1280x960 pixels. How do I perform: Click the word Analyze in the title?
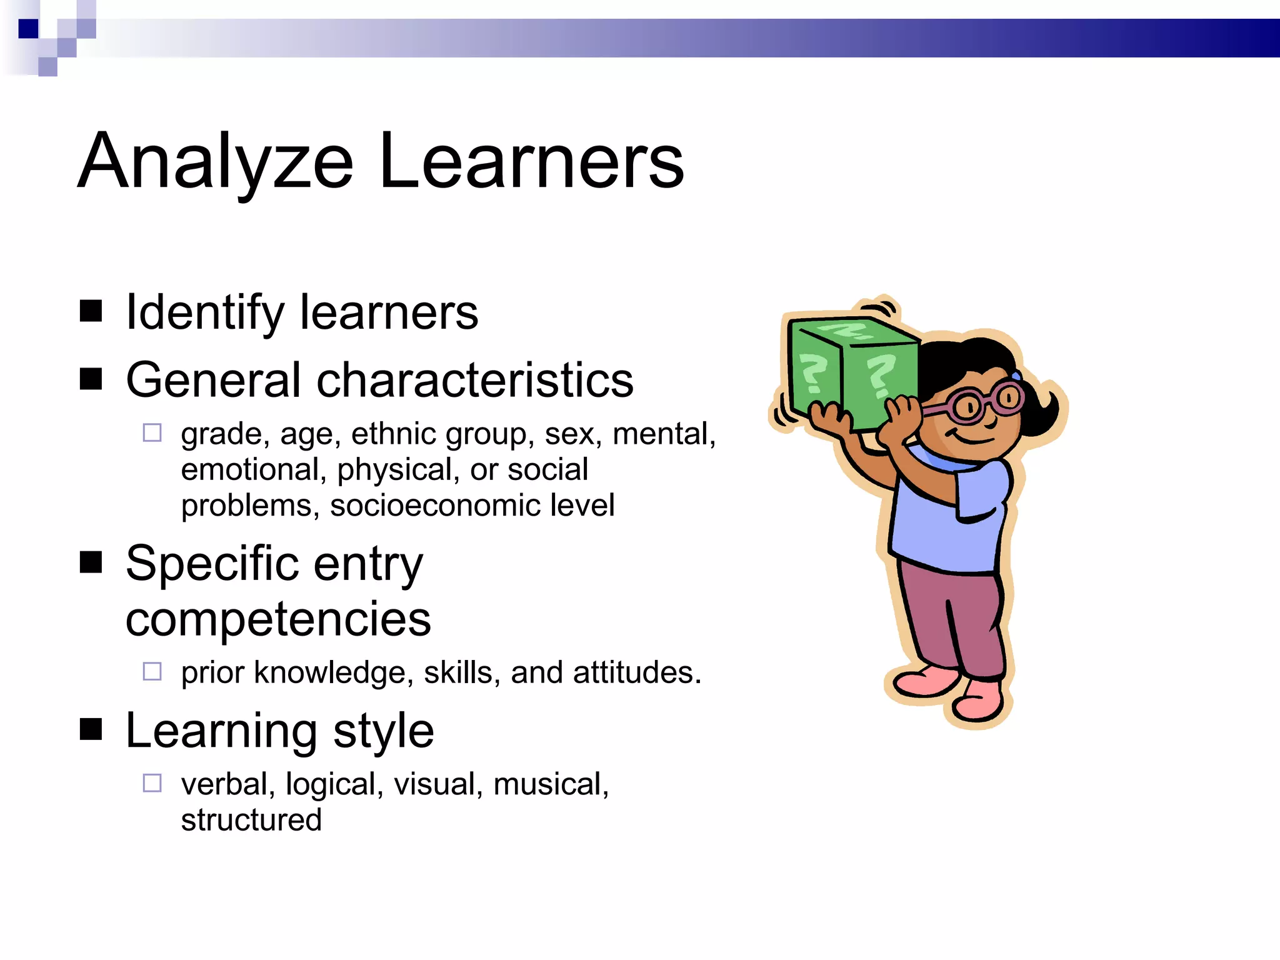(x=216, y=162)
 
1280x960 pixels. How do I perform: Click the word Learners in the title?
(x=531, y=162)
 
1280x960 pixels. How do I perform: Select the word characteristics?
(x=475, y=380)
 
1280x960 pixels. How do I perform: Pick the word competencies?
(x=278, y=619)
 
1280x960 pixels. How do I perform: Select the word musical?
(x=551, y=784)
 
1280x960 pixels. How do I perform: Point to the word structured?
(x=251, y=819)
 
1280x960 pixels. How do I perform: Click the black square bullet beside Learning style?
(x=91, y=729)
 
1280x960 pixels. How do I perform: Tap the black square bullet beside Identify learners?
(x=91, y=311)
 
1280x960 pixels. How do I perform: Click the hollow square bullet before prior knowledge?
(x=152, y=671)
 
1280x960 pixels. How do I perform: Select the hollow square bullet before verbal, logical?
(x=152, y=783)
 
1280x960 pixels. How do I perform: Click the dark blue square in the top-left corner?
(x=28, y=29)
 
